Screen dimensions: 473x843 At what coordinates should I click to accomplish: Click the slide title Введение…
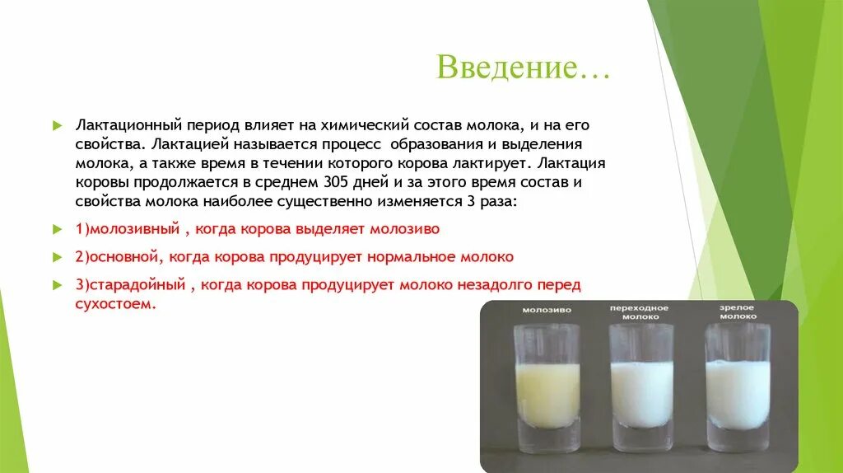tap(523, 68)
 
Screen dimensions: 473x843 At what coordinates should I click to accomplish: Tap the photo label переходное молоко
tap(640, 311)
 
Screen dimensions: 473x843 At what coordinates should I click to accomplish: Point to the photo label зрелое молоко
tap(738, 311)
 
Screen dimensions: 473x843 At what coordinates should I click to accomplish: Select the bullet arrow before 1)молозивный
tap(57, 228)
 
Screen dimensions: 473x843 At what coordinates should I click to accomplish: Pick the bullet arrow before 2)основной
tap(57, 257)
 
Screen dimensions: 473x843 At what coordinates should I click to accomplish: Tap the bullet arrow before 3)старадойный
tap(57, 285)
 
